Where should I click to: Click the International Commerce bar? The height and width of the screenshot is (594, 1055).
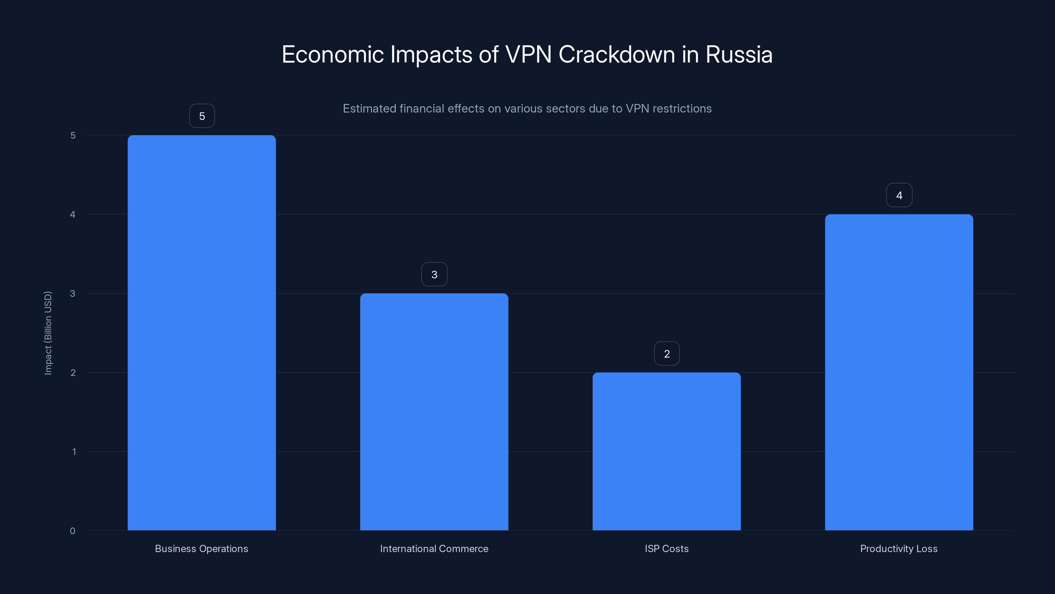434,412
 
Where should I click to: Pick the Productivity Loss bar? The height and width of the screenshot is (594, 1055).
899,372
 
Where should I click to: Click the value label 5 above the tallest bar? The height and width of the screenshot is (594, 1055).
202,116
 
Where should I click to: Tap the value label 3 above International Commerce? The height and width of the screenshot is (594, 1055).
434,274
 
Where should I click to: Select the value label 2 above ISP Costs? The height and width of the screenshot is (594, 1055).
667,353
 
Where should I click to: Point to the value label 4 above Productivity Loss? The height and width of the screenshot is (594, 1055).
899,195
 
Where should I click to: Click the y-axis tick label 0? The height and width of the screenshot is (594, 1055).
73,531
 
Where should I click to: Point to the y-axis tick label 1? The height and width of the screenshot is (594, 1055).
74,452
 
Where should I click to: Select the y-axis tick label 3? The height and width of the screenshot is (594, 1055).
73,293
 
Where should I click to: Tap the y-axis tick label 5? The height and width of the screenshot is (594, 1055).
73,135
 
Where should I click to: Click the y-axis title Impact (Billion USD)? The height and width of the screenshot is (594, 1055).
48,333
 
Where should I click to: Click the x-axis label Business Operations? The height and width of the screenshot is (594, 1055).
201,548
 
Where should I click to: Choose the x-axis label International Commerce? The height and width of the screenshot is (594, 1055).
434,548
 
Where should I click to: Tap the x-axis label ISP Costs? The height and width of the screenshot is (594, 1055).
666,548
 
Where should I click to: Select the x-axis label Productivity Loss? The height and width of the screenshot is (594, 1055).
898,548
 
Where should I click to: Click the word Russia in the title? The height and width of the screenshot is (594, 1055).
738,54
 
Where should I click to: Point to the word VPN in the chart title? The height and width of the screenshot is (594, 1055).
528,54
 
